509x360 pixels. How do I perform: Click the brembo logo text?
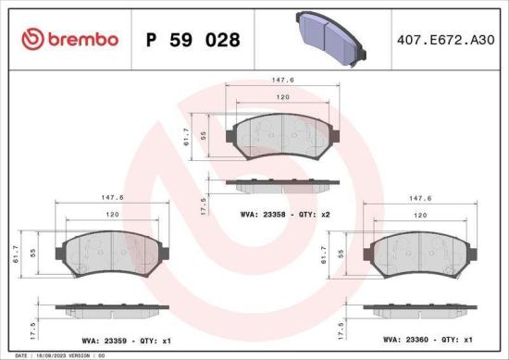coord(79,39)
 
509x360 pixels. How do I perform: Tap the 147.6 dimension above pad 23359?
coord(111,197)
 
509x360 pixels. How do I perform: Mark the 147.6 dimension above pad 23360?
coord(422,197)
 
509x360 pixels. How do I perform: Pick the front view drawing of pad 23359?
coord(112,252)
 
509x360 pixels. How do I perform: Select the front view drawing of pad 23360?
coord(421,252)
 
